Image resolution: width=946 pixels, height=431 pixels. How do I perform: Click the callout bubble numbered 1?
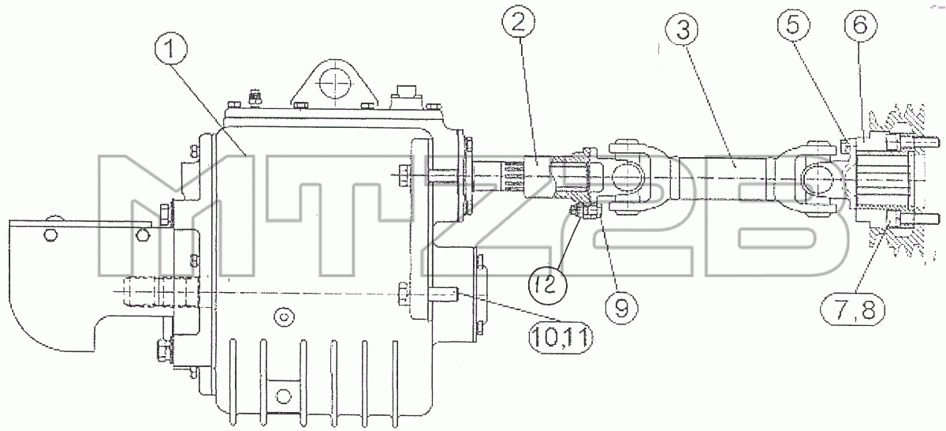[169, 50]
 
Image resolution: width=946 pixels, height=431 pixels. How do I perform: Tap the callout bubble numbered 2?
[519, 22]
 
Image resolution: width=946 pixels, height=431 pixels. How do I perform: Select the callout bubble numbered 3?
[682, 31]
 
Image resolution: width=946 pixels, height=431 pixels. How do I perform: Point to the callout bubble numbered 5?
[794, 25]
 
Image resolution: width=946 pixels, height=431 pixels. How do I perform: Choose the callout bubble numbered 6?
[860, 25]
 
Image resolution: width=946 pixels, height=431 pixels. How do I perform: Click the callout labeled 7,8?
[853, 311]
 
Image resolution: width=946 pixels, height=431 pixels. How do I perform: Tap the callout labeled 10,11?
[561, 338]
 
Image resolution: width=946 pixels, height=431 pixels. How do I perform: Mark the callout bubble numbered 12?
[548, 285]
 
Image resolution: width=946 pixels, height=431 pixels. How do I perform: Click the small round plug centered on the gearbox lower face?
[283, 316]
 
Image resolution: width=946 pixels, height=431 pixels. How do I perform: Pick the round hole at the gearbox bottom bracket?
[283, 396]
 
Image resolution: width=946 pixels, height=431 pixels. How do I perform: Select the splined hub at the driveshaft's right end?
[881, 180]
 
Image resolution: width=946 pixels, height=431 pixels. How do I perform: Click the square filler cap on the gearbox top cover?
[407, 97]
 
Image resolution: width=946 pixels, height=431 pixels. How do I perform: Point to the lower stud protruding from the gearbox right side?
[443, 294]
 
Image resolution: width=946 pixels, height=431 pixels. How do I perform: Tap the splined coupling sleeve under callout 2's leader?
[537, 178]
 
